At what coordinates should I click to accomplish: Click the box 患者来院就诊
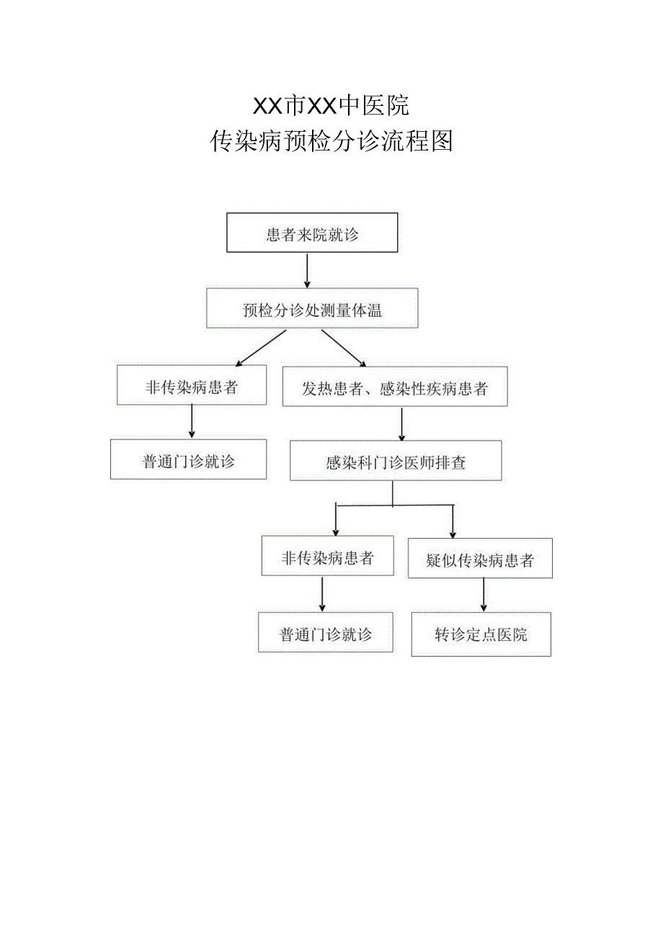(x=312, y=233)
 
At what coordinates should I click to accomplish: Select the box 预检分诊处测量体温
(x=312, y=309)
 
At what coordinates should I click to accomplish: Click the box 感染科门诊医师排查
(x=396, y=461)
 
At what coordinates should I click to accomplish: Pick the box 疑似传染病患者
(x=480, y=558)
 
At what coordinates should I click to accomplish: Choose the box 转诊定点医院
(x=481, y=634)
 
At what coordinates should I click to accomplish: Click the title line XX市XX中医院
(x=331, y=106)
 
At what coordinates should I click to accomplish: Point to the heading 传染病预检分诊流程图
(x=331, y=141)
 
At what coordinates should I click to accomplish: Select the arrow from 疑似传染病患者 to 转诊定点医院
(x=484, y=595)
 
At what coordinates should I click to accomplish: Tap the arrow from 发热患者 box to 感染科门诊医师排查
(x=401, y=424)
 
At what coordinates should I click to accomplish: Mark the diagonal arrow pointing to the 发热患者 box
(x=344, y=348)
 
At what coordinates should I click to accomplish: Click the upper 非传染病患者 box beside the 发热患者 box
(x=192, y=385)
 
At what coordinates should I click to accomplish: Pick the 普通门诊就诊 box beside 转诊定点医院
(x=326, y=632)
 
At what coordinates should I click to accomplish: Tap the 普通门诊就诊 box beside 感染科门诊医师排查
(x=188, y=459)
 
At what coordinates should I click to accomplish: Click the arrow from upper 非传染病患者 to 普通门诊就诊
(x=192, y=421)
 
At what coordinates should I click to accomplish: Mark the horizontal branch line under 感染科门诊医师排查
(x=395, y=506)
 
